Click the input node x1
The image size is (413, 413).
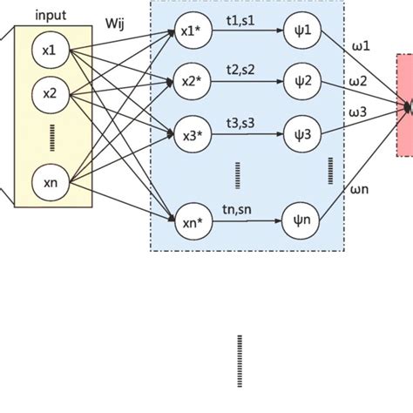click(49, 51)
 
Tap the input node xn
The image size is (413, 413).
click(49, 182)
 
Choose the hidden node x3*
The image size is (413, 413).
click(188, 135)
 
